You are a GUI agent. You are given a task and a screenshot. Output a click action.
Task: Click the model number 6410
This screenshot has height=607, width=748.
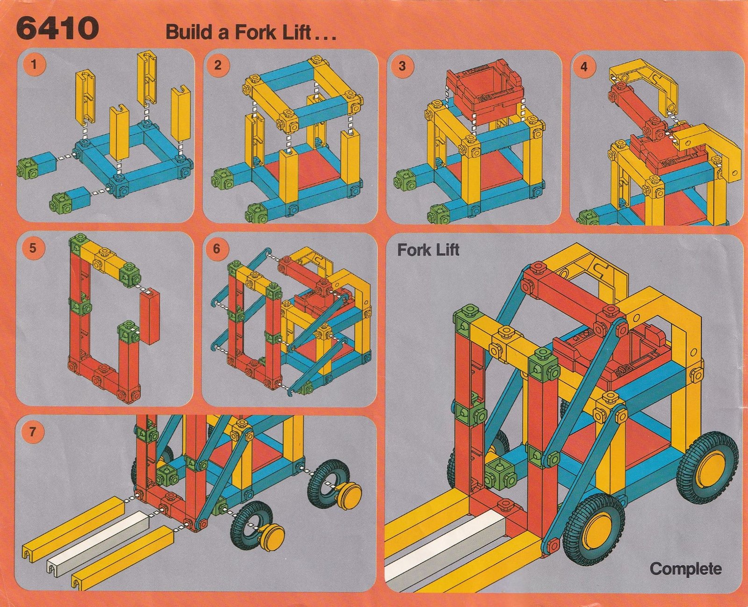(x=57, y=29)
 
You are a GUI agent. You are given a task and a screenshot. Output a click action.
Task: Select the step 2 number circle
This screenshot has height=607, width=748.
(x=218, y=65)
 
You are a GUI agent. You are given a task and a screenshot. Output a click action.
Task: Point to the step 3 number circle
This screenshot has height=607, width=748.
(x=403, y=66)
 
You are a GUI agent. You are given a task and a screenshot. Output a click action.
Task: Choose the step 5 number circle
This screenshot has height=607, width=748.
(x=33, y=248)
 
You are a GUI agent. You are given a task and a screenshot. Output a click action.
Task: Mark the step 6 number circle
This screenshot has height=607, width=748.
(x=216, y=249)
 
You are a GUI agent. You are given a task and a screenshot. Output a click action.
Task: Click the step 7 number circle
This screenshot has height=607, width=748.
(x=32, y=432)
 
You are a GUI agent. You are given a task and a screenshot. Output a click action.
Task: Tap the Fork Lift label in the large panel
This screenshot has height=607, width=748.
(x=428, y=250)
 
